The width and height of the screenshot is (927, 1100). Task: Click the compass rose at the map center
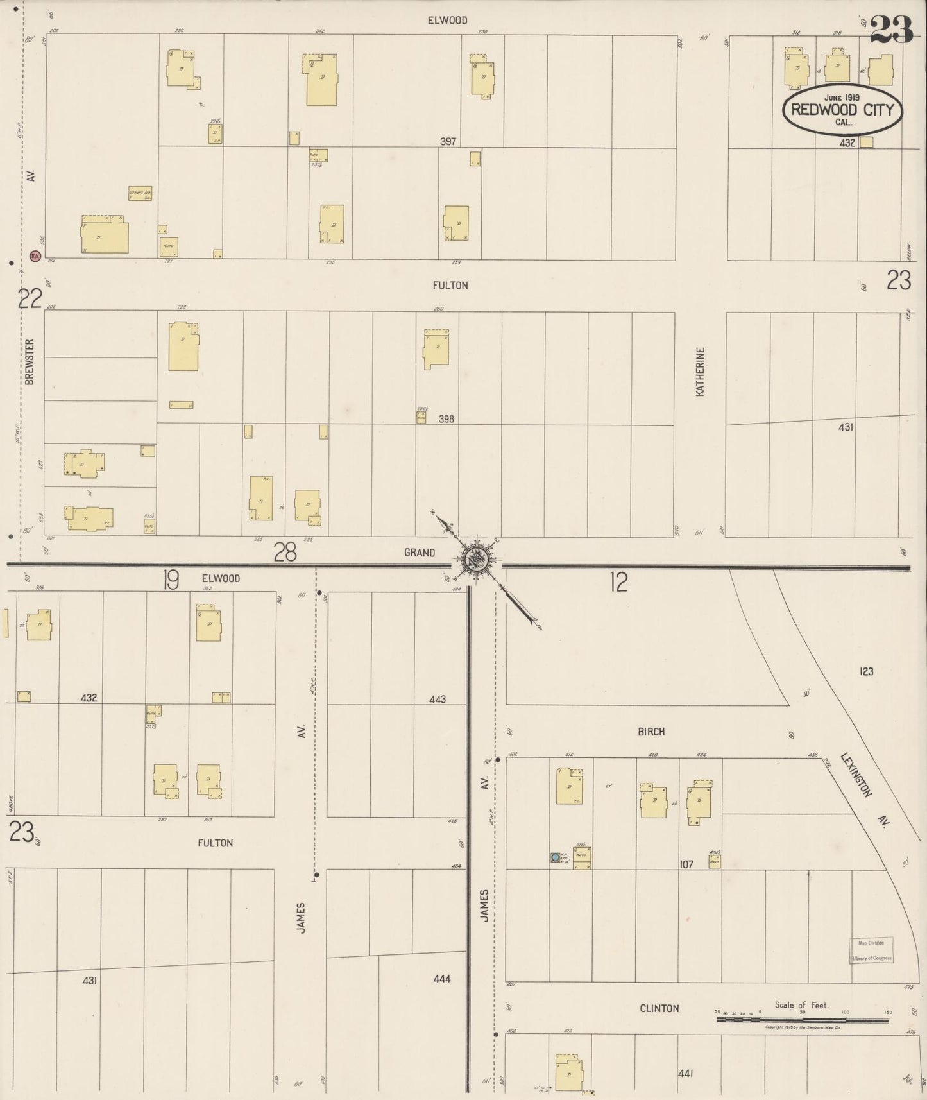point(477,560)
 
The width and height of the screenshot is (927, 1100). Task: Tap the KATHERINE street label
point(701,372)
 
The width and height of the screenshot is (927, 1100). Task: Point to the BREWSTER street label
point(30,362)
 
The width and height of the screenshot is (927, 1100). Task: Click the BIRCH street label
point(651,732)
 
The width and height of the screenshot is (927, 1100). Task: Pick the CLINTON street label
point(659,1008)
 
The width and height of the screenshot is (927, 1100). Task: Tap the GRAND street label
point(419,553)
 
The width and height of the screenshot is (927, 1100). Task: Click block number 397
point(448,141)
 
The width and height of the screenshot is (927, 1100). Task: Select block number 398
point(446,419)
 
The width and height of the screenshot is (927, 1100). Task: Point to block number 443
point(438,699)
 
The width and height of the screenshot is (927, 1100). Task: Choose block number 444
point(442,979)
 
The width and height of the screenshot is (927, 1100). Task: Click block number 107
point(686,864)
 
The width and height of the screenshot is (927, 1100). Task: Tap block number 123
point(866,671)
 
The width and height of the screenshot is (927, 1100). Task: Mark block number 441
point(686,1073)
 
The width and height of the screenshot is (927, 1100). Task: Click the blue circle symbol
point(555,857)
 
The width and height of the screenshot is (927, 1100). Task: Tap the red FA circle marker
point(35,256)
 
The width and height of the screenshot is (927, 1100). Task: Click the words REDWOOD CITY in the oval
point(842,109)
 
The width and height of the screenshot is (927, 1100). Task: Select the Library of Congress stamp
point(871,950)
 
